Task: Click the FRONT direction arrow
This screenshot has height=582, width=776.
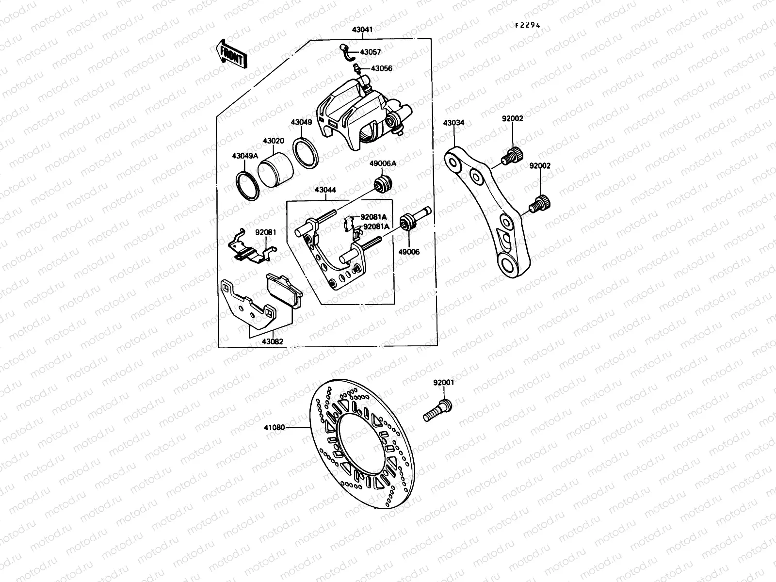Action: coord(231,53)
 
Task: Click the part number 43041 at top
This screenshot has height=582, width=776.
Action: coord(362,30)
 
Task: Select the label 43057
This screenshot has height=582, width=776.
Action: coord(370,52)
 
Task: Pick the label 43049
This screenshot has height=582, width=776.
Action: coord(301,123)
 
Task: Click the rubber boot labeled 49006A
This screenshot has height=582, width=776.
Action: coord(385,184)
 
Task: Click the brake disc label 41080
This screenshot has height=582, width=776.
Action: coord(274,428)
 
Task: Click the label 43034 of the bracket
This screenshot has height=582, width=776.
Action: coord(453,123)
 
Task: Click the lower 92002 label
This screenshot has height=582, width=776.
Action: coord(540,166)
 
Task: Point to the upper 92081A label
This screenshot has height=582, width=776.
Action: coord(373,217)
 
